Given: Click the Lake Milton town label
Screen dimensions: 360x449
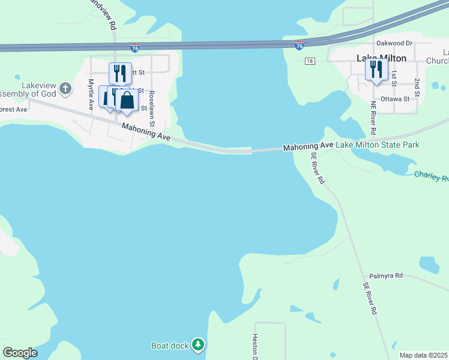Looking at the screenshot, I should [x=381, y=58].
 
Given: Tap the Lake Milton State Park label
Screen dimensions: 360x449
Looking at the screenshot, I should [x=377, y=145].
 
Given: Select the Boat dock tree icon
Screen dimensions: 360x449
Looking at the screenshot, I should [x=199, y=344].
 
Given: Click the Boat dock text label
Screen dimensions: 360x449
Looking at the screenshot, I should [x=170, y=345].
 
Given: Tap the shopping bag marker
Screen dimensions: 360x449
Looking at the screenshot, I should [x=127, y=100].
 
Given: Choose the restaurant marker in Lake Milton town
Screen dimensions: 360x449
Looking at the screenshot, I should [x=376, y=69].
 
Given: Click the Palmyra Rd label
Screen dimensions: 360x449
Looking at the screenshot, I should [x=385, y=275].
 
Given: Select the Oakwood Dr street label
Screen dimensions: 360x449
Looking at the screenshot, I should [x=394, y=43].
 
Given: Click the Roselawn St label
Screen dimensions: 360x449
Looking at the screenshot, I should [x=152, y=108].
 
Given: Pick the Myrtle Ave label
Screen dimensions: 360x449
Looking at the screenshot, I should [x=91, y=94].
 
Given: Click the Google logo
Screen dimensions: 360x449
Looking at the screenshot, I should [x=20, y=353].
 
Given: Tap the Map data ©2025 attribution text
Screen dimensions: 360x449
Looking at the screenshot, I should [x=423, y=355].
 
